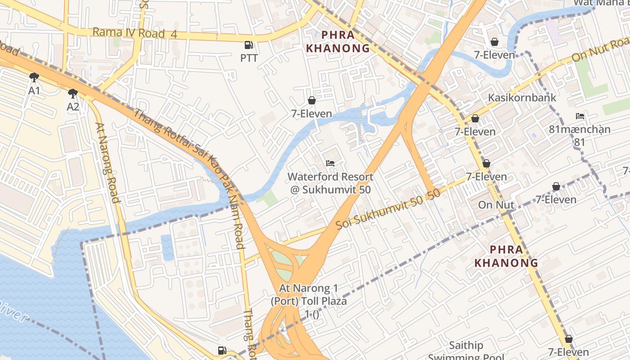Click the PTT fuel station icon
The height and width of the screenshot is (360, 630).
coord(248,45)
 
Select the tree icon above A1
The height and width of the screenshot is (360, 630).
coord(34,77)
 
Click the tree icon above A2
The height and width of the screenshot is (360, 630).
coord(72,93)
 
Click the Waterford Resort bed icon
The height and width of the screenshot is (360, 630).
coord(330,163)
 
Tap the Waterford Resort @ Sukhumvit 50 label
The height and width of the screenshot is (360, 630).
coord(330,183)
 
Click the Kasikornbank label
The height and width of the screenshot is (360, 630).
coord(522,98)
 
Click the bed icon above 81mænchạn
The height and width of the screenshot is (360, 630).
coord(580,116)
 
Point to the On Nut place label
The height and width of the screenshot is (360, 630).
coord(496,205)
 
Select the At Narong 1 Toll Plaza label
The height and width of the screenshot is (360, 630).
coord(309,294)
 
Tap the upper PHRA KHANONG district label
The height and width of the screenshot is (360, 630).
coord(337,41)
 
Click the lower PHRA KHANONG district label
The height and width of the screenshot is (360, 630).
coord(506,256)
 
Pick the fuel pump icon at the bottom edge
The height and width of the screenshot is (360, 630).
coord(221,350)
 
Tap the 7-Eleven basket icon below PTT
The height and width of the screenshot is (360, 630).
coord(311,100)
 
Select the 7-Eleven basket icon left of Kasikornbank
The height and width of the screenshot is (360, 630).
coord(475,118)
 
